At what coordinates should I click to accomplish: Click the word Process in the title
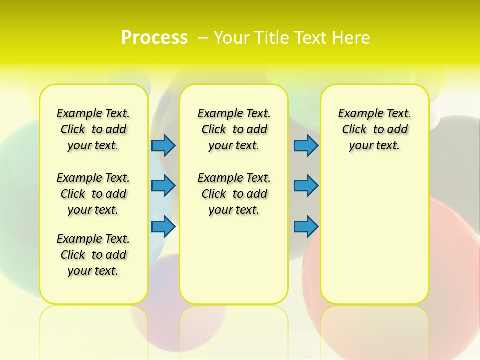pos(154,38)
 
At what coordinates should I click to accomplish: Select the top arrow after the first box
pos(163,145)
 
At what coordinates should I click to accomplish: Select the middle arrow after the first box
pos(163,186)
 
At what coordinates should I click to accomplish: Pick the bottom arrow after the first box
pos(163,226)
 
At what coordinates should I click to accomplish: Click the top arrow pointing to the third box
pos(306,145)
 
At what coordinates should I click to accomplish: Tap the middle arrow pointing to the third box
pos(306,186)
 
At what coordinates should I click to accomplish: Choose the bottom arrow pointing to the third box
pos(306,226)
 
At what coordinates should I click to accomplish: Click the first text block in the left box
pos(93,129)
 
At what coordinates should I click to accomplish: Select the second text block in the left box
pos(93,194)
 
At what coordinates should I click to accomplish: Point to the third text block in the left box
pos(93,255)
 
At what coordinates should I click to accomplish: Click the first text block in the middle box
pos(234,129)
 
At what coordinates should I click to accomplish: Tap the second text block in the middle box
pos(234,194)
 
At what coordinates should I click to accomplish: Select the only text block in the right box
pos(374,129)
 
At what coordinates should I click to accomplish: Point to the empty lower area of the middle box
pos(234,260)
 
